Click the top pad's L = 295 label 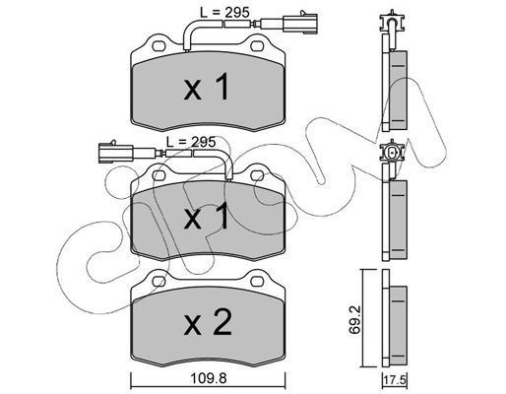coord(224,13)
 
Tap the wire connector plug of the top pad coord(299,24)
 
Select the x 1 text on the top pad coord(206,87)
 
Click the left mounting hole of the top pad coord(158,46)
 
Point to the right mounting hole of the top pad coord(256,46)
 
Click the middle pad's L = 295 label coord(191,142)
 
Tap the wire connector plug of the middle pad coord(115,153)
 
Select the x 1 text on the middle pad coord(206,216)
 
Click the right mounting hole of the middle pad coord(256,175)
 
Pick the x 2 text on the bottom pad coord(208,322)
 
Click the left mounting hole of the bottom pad coord(158,281)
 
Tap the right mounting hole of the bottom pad coord(256,281)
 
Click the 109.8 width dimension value coord(209,379)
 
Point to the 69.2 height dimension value coord(354,319)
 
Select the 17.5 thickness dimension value coord(395,381)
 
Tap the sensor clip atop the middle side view coord(392,152)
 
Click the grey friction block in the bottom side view coord(398,326)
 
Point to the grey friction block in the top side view coord(398,90)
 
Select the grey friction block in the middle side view coord(398,220)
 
